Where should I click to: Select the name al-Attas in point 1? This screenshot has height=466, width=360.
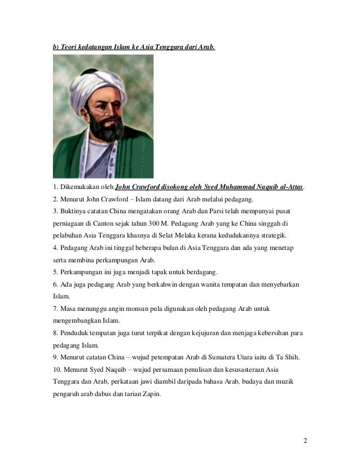tap(291, 187)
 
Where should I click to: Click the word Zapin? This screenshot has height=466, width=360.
tap(149, 395)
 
